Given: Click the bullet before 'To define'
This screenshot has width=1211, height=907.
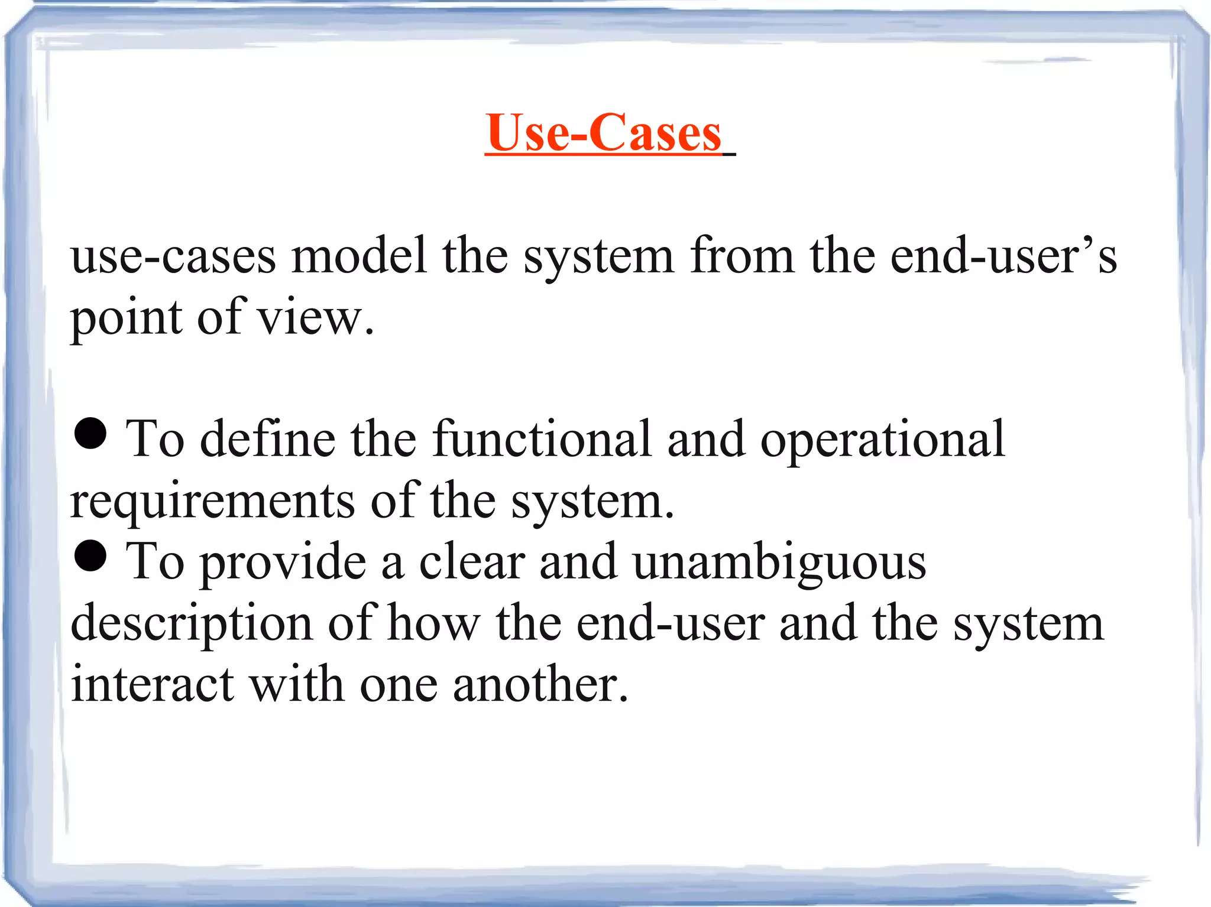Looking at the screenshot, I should [x=90, y=434].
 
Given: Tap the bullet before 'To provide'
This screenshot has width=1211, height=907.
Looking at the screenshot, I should [x=90, y=557].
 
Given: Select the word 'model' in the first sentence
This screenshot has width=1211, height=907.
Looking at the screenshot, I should [x=359, y=255].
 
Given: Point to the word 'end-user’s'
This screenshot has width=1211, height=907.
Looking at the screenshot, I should [x=1003, y=255].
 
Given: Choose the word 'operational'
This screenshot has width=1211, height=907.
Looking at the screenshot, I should [x=882, y=440].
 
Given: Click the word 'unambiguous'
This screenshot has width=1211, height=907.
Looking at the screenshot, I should [x=779, y=563].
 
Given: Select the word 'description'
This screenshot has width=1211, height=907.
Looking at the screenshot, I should [x=192, y=624].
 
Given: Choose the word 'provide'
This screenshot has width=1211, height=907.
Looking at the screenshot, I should [x=283, y=563].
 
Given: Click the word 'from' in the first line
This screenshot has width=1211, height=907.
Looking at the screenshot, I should [x=742, y=255].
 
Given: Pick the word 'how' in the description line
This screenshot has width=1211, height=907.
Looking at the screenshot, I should [x=433, y=623].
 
